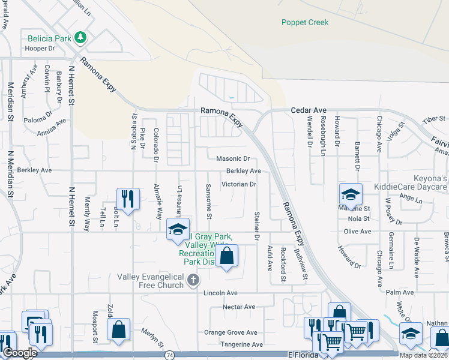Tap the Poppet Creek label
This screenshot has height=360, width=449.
click(305, 23)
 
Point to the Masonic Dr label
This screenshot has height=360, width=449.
click(232, 159)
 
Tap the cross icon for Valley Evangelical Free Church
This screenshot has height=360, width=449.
click(193, 280)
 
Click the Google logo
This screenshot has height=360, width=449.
click(19, 353)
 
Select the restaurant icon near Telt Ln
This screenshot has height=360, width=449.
click(127, 198)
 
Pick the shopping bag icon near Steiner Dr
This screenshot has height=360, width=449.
click(226, 255)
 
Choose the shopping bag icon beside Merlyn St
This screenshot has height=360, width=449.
click(118, 328)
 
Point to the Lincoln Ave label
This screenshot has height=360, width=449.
click(220, 293)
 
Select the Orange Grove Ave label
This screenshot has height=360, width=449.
click(231, 332)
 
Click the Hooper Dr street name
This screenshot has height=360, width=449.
click(41, 48)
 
